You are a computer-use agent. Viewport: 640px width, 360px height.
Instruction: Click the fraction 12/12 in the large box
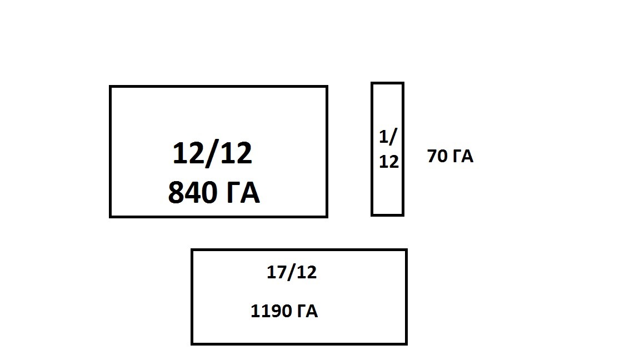point(212,153)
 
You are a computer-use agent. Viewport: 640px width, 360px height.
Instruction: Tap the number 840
point(191,193)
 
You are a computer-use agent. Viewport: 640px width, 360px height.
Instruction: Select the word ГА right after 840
point(241,193)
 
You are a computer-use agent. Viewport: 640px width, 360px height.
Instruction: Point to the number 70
point(437,157)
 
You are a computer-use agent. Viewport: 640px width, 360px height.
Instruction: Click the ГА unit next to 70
point(462,157)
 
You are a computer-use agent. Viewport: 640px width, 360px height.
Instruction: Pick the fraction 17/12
point(292,273)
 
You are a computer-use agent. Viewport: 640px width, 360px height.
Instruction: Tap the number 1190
point(272,312)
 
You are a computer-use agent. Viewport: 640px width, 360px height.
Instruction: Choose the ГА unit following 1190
point(307,312)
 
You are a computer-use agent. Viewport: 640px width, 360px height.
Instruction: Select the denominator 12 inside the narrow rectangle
point(388,161)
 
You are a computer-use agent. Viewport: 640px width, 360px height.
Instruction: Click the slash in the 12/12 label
point(213,153)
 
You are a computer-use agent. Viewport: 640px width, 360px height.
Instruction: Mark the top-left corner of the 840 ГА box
point(111,87)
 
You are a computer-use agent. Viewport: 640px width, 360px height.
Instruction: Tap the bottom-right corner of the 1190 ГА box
point(406,343)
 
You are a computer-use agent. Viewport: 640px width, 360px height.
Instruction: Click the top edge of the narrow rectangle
point(388,83)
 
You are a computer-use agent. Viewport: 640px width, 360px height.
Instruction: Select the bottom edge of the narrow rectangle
point(388,214)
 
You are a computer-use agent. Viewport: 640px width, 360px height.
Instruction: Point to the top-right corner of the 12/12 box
point(326,87)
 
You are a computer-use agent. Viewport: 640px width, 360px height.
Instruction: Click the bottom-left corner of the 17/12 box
point(192,343)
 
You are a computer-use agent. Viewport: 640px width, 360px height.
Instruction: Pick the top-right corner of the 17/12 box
point(406,251)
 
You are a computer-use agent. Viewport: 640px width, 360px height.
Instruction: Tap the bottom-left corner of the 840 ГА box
point(111,216)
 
